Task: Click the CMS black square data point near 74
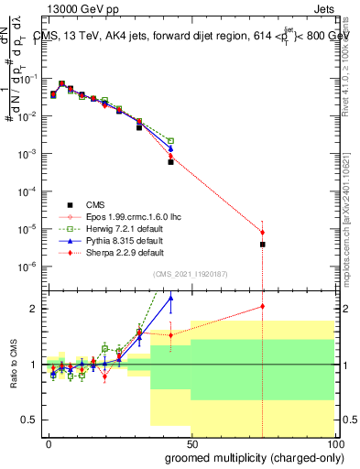tap(263, 245)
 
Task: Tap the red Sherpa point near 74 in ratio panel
tap(263, 307)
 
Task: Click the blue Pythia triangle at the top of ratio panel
tap(170, 298)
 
